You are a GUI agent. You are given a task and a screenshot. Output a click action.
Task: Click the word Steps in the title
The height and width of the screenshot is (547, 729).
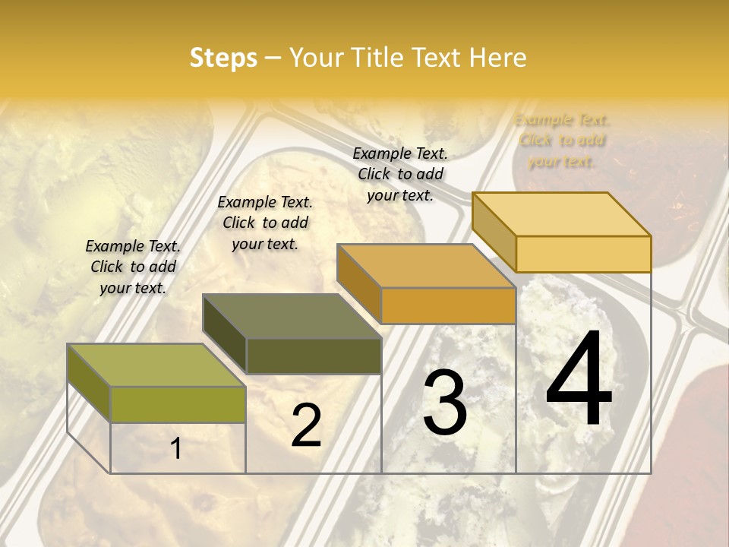click(x=223, y=58)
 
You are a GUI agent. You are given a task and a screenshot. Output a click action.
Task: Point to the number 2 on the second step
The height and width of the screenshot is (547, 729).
click(x=306, y=425)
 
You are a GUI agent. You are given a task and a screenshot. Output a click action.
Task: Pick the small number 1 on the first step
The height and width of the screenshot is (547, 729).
click(x=176, y=448)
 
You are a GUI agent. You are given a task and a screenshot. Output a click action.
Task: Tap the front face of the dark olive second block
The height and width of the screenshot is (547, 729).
click(x=314, y=356)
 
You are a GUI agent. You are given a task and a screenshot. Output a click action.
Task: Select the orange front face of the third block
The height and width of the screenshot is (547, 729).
click(x=448, y=305)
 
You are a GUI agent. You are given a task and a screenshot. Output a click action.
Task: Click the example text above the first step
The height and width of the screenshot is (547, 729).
click(x=133, y=267)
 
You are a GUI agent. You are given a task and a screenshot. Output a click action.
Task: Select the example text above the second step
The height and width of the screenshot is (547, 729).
click(x=265, y=223)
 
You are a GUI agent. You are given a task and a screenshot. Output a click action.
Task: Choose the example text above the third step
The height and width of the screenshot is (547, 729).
click(x=400, y=174)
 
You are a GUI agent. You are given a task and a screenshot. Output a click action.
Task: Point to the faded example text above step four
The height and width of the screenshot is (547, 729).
click(x=562, y=140)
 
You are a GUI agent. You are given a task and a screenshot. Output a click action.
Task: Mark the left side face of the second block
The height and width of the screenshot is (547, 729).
click(x=225, y=334)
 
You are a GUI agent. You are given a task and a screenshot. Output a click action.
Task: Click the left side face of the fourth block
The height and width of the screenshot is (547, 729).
click(x=494, y=232)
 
